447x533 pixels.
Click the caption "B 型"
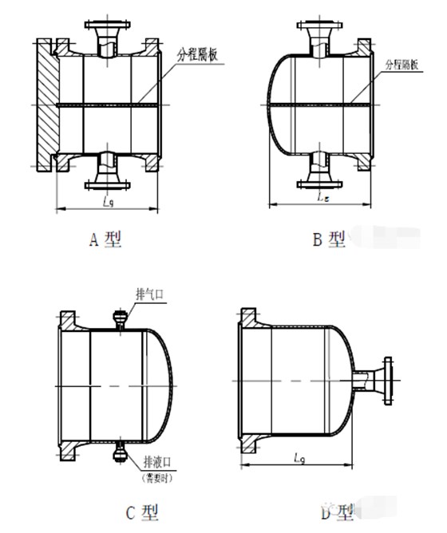coord(329,238)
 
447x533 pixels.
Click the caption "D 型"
coord(335,511)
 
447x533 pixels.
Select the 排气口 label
coord(150,294)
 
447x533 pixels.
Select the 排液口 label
coord(152,461)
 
